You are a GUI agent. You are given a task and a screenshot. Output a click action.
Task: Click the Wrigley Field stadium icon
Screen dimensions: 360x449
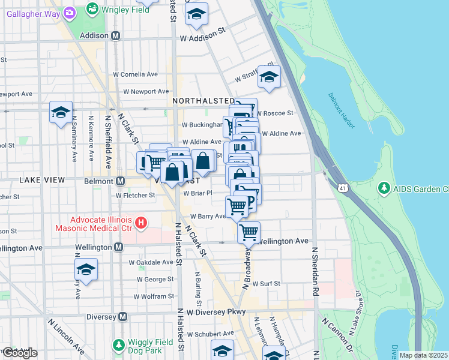pyautogui.click(x=92, y=10)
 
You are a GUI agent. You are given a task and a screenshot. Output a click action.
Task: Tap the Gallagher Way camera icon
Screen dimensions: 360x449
pyautogui.click(x=70, y=12)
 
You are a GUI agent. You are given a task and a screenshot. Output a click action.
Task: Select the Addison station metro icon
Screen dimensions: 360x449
pyautogui.click(x=115, y=36)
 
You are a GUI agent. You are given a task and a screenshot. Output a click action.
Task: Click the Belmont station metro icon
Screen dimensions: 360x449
pyautogui.click(x=120, y=181)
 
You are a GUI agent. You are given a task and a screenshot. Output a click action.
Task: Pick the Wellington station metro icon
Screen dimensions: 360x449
pyautogui.click(x=118, y=247)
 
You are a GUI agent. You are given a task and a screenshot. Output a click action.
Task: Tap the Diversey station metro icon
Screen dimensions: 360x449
pyautogui.click(x=123, y=317)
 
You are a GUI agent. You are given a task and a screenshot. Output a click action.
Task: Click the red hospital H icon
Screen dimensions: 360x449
pyautogui.click(x=141, y=224)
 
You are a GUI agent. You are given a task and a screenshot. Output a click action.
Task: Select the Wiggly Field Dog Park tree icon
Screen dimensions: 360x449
pyautogui.click(x=119, y=346)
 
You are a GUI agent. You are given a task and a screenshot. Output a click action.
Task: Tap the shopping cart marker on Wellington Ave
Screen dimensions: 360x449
pyautogui.click(x=249, y=231)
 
